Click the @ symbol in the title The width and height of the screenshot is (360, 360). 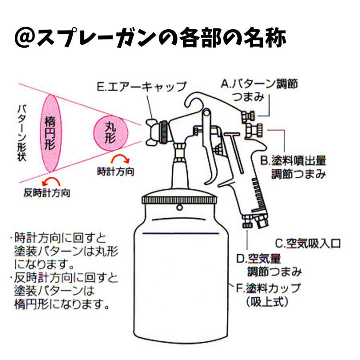tap(25, 39)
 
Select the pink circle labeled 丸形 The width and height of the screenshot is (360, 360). tap(111, 133)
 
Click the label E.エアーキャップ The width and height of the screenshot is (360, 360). tap(142, 87)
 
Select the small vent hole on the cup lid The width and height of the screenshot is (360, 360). tap(180, 207)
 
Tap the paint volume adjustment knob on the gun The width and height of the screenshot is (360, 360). tap(255, 130)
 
